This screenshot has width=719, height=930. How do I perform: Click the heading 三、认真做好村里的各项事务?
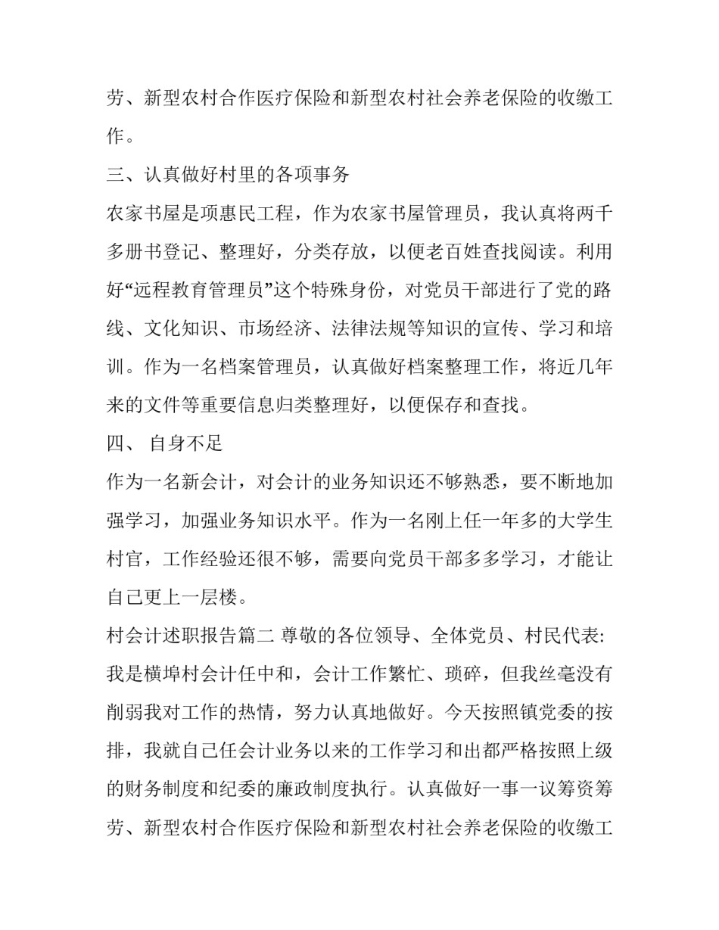[228, 175]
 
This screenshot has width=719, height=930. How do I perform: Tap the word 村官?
[125, 559]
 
